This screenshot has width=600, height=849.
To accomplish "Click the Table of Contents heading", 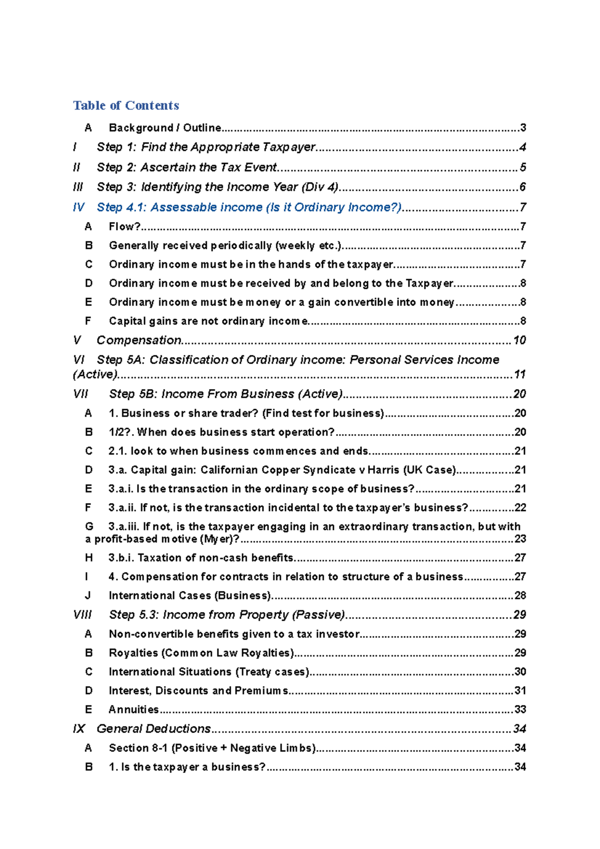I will click(x=126, y=105).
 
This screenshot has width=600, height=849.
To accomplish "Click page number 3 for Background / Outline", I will click(x=522, y=128).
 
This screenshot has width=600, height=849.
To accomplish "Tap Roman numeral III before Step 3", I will click(x=77, y=187).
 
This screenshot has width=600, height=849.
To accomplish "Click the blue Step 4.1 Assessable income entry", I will click(x=249, y=207).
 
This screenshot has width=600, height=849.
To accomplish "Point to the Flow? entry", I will click(x=124, y=226).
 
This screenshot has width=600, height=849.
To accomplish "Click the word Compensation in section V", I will click(x=139, y=340).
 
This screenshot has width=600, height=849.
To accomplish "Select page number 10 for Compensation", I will click(x=519, y=340).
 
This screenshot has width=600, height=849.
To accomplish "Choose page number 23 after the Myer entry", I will click(x=520, y=539).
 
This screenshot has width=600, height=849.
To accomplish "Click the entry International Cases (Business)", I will click(x=190, y=595).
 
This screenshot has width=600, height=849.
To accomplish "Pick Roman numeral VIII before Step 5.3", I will click(x=82, y=614).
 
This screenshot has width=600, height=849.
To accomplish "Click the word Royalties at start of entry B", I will click(x=133, y=653).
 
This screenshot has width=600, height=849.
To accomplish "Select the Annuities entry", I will click(x=133, y=709).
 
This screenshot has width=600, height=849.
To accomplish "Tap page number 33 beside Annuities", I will click(x=520, y=709).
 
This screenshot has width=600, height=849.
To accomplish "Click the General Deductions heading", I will click(x=153, y=728).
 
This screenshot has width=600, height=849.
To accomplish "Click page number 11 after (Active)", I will click(x=519, y=374).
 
